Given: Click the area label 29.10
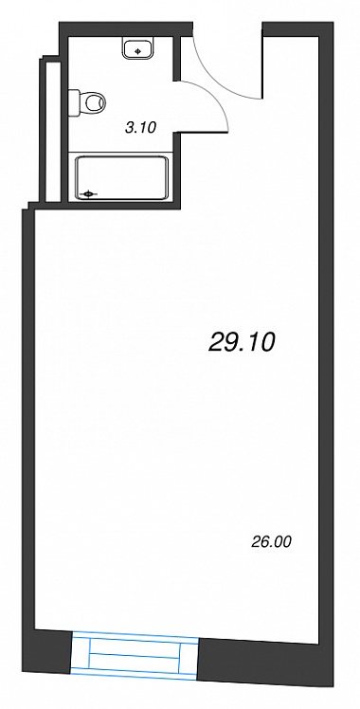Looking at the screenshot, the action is tap(242, 343).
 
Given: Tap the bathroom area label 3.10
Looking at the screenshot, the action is tap(140, 128).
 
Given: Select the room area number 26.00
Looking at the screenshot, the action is tap(271, 541).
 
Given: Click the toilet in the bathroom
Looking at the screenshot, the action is tap(87, 102).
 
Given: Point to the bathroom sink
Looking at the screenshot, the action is tap(138, 47).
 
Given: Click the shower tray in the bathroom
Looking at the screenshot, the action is tap(121, 177).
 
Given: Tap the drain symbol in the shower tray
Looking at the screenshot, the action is tap(88, 194).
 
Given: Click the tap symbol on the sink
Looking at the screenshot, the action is tap(138, 50).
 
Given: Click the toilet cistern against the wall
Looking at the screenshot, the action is tap(74, 102).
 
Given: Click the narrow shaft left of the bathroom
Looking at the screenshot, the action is tap(53, 130).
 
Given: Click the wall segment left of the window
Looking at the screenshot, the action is tap(53, 650).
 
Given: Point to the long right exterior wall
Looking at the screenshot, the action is tap(326, 353).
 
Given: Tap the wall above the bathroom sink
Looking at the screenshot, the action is tap(127, 29).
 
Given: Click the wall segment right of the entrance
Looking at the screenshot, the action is tap(298, 29).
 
